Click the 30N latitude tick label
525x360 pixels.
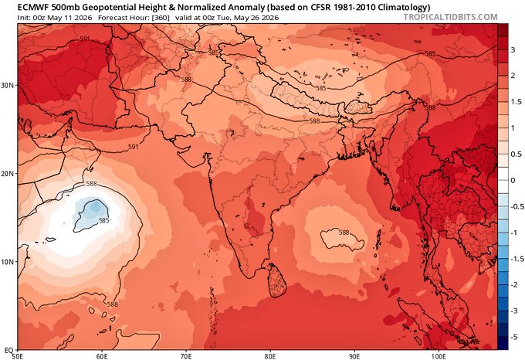(8, 86)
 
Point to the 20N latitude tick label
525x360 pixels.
(8, 174)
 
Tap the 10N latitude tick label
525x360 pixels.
(8, 262)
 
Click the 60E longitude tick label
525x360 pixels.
(102, 355)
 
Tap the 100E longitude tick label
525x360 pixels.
(439, 355)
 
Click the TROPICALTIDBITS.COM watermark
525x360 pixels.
(450, 17)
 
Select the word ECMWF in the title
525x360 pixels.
(32, 7)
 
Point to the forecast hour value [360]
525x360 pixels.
(161, 18)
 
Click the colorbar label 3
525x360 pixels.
(513, 49)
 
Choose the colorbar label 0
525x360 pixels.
(513, 181)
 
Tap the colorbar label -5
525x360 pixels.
(514, 338)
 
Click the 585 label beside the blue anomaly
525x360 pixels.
(104, 221)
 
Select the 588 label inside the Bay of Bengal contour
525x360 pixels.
(344, 233)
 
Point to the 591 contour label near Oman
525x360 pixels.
(134, 146)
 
